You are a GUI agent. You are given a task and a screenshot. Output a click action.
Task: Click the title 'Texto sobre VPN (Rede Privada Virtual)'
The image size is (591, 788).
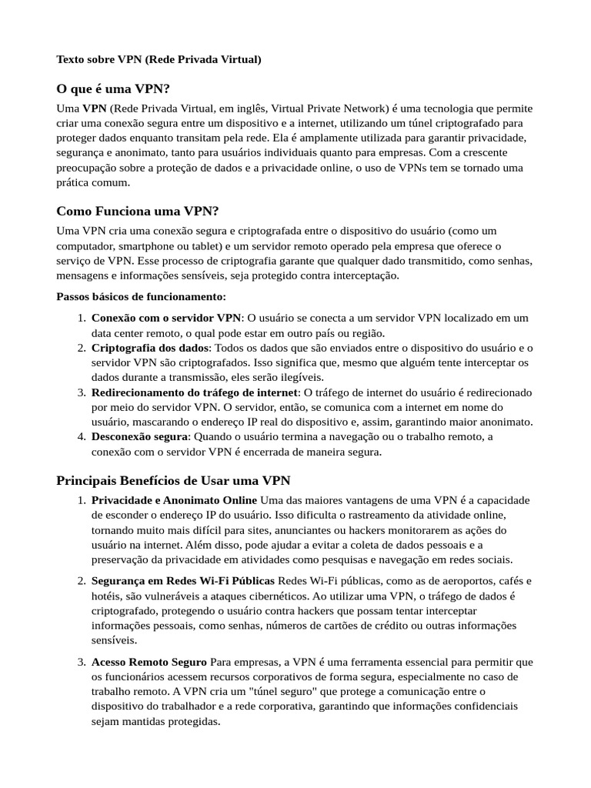point(159,59)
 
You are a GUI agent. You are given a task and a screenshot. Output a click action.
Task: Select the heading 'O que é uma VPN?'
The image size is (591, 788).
point(112,88)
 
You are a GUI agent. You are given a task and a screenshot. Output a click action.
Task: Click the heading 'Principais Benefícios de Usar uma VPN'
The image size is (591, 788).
point(173,481)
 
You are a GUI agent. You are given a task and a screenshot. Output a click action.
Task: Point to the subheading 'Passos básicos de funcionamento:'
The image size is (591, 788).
point(142,296)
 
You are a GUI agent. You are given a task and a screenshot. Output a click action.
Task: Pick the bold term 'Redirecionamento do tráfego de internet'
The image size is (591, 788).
point(195,392)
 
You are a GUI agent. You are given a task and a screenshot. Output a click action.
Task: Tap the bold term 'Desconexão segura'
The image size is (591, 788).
point(139,437)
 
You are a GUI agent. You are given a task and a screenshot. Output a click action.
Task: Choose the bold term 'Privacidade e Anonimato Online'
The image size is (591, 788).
point(174,501)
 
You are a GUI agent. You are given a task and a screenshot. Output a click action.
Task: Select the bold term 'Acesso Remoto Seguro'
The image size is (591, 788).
point(149,662)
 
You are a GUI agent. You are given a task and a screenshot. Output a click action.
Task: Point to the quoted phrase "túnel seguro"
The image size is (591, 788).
point(282,692)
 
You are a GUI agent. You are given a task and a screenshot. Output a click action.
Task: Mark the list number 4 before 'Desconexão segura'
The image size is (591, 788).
point(81,437)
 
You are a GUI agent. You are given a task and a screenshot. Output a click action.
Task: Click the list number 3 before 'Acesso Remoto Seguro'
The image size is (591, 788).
point(81,662)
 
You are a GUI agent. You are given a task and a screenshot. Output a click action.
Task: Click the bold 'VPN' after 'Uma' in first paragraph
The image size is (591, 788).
point(94,109)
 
